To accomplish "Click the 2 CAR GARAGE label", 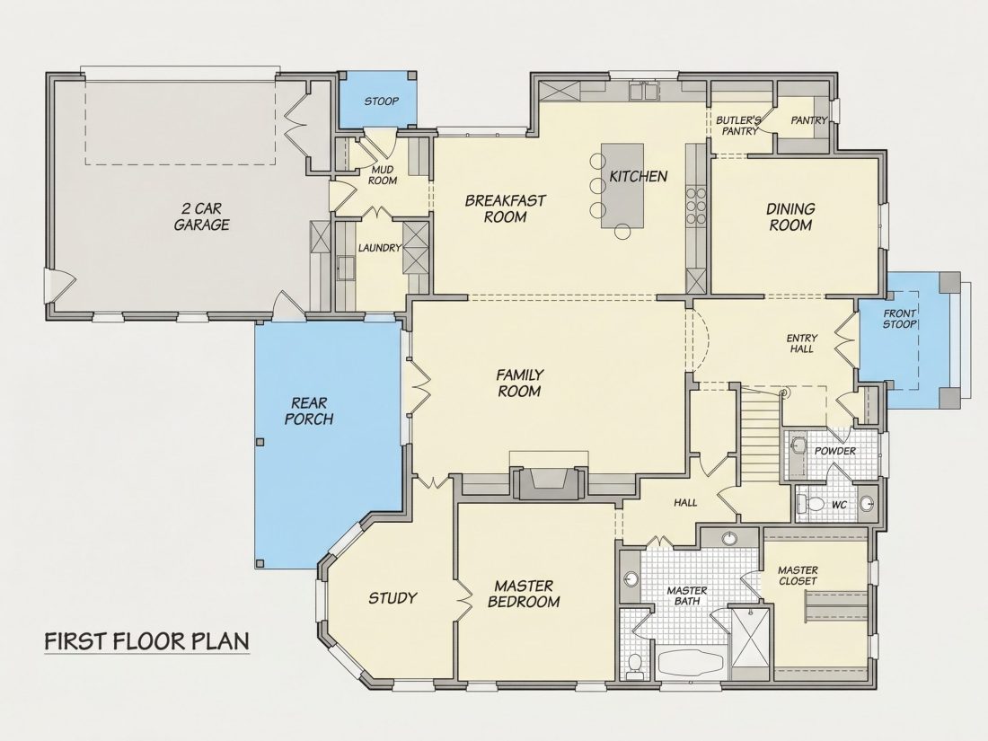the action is pos(201,216).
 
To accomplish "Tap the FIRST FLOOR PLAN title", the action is pos(146,640).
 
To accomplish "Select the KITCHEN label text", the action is pos(639,176).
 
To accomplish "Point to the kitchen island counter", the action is pos(622,186).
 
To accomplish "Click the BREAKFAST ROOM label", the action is pos(506,208).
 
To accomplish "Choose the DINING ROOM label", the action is pos(790,216).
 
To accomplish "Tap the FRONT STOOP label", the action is pos(899,318).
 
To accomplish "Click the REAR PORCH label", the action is pos(309,410).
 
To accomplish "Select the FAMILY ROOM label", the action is pos(519,384).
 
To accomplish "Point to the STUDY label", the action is pos(393,597).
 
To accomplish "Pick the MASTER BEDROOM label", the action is pos(524,595).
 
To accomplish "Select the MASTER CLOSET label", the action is pos(798,575).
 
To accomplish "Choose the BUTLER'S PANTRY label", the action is pos(739,126).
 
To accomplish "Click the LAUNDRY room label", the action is pos(380,248).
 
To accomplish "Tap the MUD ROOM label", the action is pos(383,175).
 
